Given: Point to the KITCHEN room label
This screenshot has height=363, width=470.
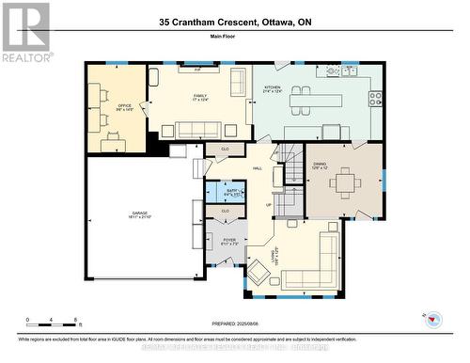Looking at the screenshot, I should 273,89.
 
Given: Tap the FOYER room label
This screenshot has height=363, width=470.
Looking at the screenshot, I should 229,240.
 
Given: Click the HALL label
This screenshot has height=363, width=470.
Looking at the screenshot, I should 258,168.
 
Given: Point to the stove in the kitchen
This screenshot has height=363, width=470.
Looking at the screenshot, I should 375,97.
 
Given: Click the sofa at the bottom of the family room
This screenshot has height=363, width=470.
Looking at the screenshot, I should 198,130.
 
